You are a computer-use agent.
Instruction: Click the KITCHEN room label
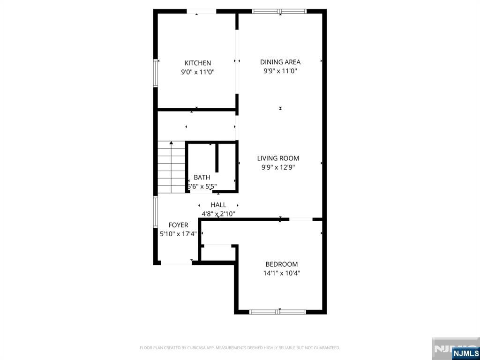[197, 63]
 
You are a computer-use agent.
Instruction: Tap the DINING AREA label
[280, 62]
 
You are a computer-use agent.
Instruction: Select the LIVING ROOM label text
[278, 158]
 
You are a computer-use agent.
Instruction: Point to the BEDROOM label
[281, 264]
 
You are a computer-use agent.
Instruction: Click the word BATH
[202, 178]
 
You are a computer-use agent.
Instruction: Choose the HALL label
[218, 205]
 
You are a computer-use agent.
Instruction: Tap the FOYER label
[178, 225]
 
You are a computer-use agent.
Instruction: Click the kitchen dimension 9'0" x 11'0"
[197, 72]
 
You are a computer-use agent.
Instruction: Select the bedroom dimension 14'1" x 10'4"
[281, 273]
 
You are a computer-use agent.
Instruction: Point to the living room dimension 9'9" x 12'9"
[278, 167]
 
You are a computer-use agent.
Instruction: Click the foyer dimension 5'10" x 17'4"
[178, 234]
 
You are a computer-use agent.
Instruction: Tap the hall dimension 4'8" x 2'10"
[218, 214]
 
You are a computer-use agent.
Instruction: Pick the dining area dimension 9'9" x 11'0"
[280, 71]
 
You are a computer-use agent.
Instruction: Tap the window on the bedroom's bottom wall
[277, 312]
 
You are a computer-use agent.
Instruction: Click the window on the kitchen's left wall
[156, 73]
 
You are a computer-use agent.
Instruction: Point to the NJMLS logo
[465, 353]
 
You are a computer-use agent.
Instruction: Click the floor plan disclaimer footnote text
[240, 348]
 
